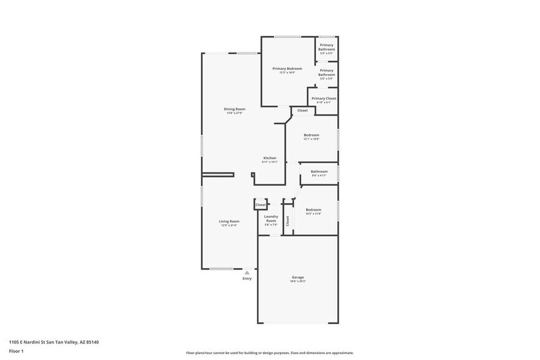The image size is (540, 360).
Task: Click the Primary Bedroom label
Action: coord(287,69)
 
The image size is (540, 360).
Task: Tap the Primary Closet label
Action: coord(323,98)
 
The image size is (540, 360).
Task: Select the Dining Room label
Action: coord(234,109)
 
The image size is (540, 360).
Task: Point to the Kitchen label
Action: coord(270,158)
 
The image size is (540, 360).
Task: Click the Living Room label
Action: coord(230,221)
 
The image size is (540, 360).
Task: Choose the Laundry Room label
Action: coord(271,218)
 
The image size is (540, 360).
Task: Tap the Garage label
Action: coord(298,277)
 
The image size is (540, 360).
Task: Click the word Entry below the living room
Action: coord(247,279)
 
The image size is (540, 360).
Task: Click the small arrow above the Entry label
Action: coord(247,272)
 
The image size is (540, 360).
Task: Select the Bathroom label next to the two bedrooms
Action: coord(319,171)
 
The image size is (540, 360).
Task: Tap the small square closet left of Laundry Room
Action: coord(261,204)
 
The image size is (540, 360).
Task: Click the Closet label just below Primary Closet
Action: coord(302,110)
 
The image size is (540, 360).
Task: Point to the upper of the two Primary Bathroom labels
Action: coord(326,47)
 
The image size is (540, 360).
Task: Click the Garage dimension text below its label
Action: coord(298,282)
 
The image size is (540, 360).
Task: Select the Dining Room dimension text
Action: coord(234,113)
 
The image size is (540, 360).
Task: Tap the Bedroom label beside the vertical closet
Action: coord(313,209)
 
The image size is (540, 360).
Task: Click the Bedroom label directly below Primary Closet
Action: coord(312,135)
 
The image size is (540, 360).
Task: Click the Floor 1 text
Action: coord(16,351)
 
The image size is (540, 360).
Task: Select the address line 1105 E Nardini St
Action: coord(54,342)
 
